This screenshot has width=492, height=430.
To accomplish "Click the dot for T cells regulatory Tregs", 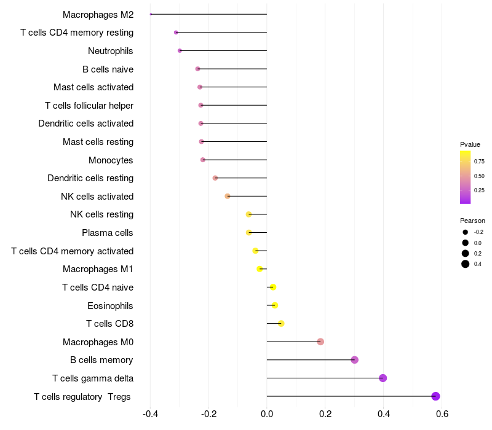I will coord(436,396).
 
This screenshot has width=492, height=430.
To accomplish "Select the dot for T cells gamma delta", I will coord(383,378).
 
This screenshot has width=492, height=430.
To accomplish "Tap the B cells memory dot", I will coord(355,360).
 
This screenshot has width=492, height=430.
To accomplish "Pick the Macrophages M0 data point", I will coord(320,342).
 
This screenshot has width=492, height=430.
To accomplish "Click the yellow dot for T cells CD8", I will coord(281,324).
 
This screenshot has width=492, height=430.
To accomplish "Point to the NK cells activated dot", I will coord(228,196).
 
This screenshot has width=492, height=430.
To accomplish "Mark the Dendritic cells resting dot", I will coord(215,178).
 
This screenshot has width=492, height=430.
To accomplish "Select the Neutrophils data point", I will coord(180,50).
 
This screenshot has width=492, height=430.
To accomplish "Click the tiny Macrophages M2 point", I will coord(151,14).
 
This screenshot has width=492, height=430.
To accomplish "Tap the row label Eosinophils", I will coord(111,305).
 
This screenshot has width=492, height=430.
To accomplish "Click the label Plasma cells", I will coord(108,233).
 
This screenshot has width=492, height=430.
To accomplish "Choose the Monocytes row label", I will coord(111,160).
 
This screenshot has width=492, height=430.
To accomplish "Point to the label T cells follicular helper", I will coord(89,106).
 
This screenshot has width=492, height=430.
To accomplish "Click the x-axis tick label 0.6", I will coord(442,413).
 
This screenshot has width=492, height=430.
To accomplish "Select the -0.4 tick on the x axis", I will coord(150,413).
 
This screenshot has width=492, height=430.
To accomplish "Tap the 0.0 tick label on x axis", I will coord(267,413).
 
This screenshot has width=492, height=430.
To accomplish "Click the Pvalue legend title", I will coord(470,144).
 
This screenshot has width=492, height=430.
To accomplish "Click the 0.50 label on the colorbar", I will coord(479,176).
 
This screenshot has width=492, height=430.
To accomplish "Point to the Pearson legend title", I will coord(472,221).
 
